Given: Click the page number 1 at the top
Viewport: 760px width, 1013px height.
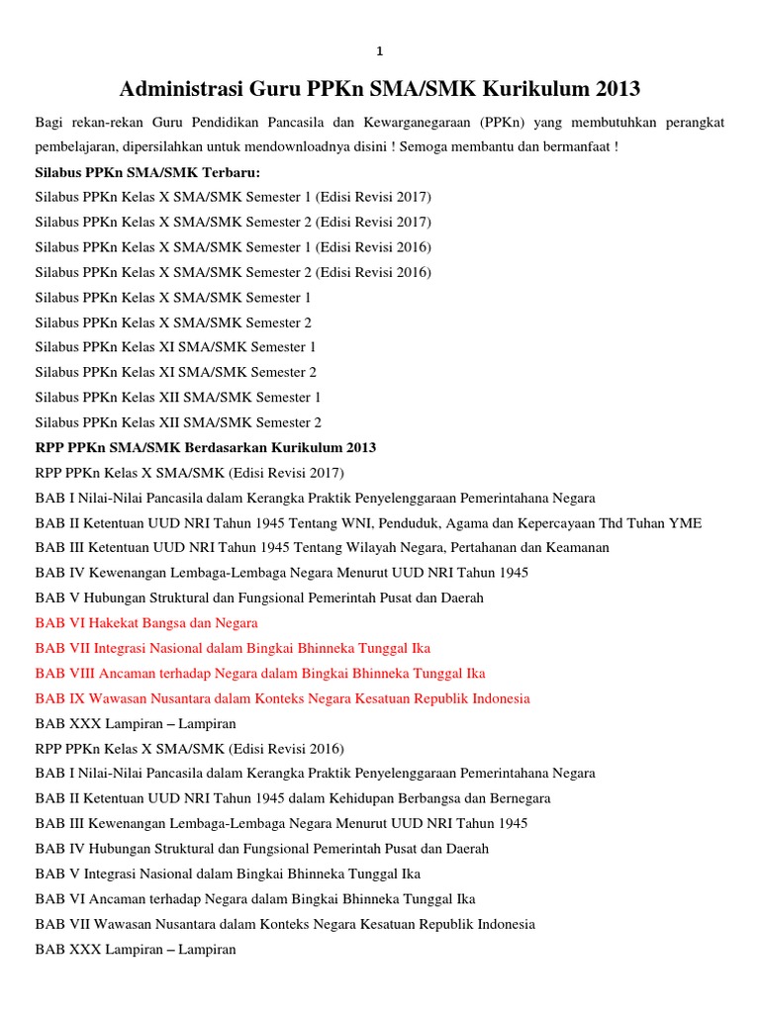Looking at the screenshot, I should (379, 51).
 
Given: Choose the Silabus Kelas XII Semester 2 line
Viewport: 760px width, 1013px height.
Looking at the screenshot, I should (178, 422).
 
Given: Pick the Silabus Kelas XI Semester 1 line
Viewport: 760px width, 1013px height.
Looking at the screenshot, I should (176, 347).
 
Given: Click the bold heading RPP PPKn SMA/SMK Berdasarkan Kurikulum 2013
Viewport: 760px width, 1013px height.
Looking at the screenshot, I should (205, 447).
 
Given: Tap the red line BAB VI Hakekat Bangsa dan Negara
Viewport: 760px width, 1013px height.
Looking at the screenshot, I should (146, 623).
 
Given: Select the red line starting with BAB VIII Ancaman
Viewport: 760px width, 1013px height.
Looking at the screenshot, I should (260, 673).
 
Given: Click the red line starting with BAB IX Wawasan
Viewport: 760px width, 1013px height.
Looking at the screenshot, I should (282, 698).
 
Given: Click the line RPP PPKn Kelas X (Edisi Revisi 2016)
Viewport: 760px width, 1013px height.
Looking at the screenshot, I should (189, 748).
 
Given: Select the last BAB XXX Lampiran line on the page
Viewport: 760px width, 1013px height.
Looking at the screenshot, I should (136, 950).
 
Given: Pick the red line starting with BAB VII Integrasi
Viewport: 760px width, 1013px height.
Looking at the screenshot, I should (233, 648).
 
